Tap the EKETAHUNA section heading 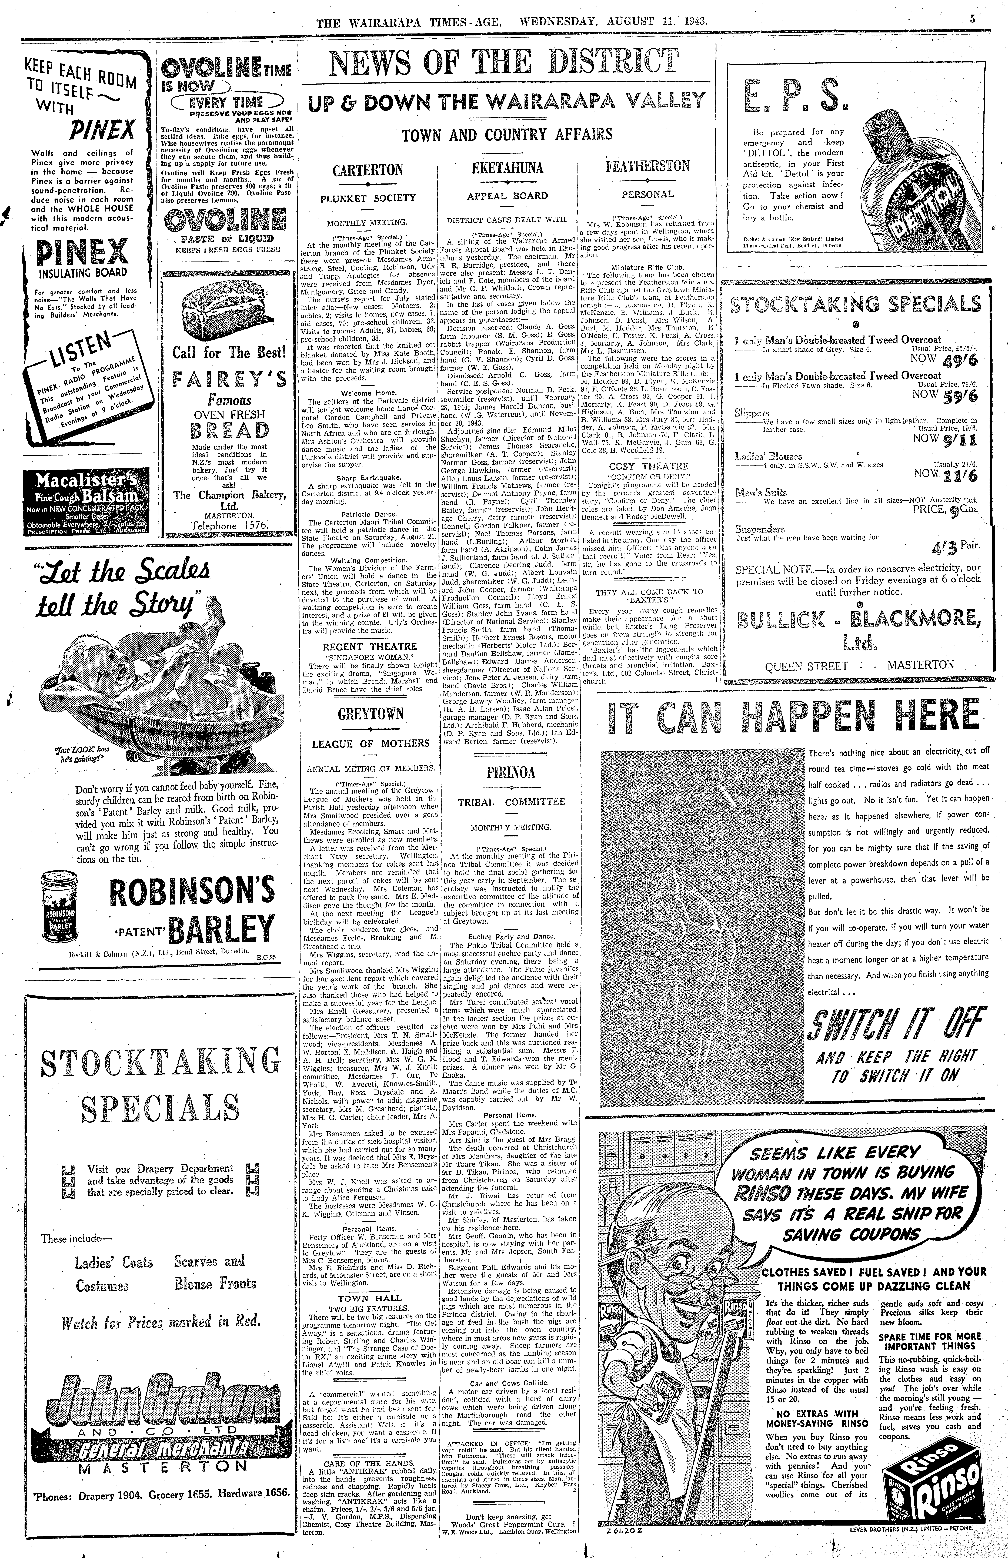(507, 168)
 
